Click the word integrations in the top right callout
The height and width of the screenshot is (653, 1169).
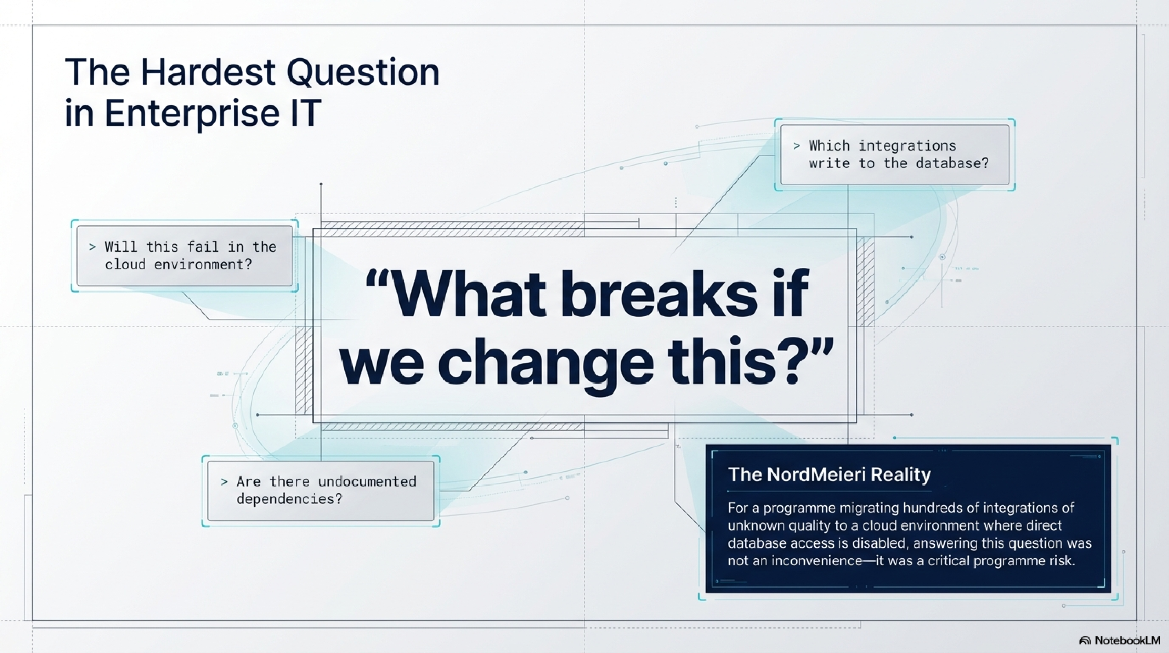(907, 146)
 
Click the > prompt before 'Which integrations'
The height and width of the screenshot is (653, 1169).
(796, 146)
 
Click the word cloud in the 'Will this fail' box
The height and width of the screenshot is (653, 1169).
(125, 265)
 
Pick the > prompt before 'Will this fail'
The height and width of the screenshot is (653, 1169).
(93, 247)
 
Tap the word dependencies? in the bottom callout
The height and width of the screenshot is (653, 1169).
(289, 499)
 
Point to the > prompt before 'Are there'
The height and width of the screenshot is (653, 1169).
(224, 481)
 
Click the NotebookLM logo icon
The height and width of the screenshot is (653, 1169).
(1085, 641)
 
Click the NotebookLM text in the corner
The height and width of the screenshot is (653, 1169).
(1127, 641)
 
